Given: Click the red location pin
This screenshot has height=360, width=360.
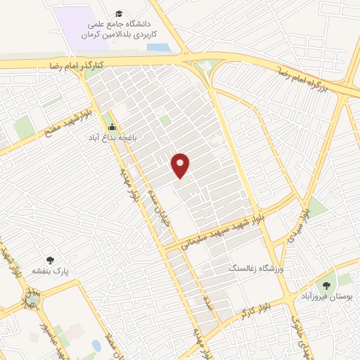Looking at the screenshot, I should [x=181, y=165].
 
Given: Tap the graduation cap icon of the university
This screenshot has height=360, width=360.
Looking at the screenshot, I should [x=120, y=14].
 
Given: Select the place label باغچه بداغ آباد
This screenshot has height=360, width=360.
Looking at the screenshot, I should [x=112, y=138].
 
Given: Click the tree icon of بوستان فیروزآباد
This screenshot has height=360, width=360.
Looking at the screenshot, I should [x=326, y=285].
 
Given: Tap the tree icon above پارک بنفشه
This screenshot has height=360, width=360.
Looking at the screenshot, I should [x=49, y=260].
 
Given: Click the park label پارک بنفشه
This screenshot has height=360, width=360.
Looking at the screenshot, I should [x=49, y=271].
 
